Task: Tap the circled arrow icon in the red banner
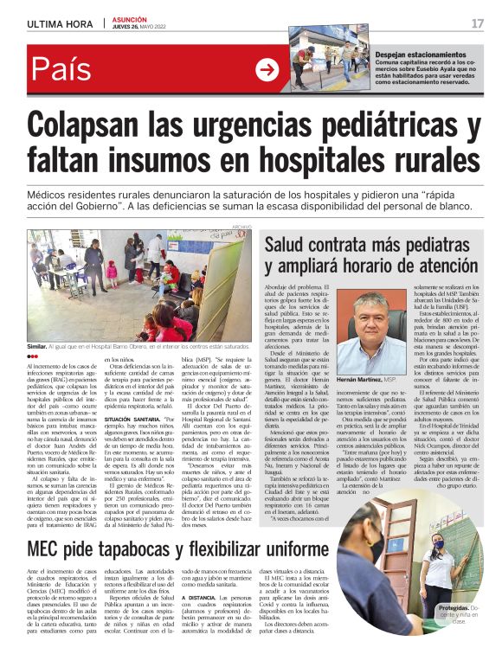[x=267, y=70]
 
